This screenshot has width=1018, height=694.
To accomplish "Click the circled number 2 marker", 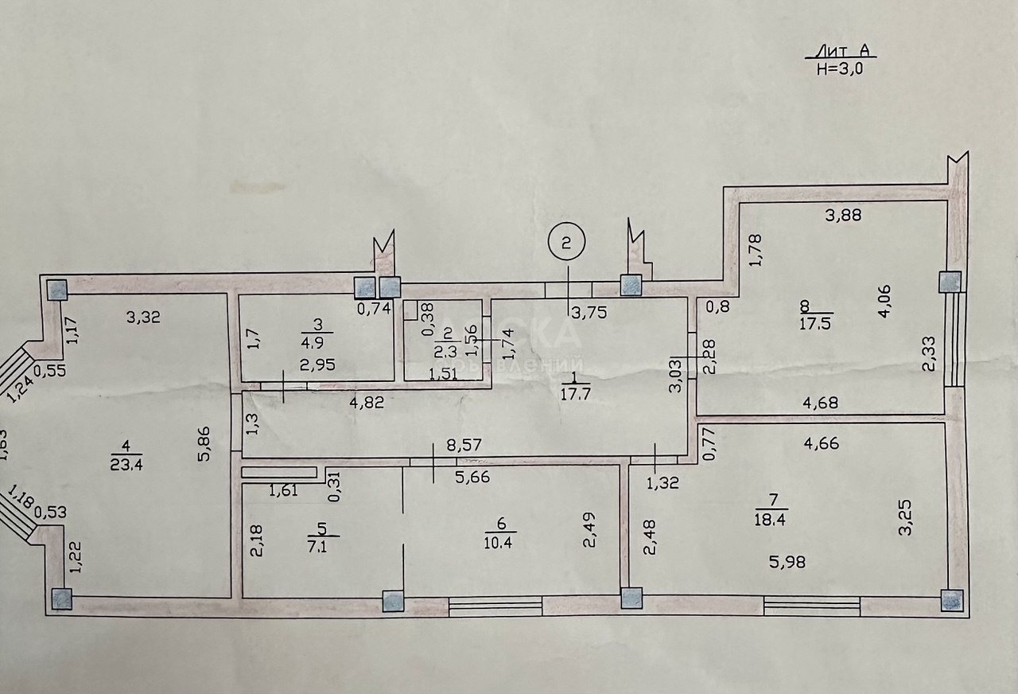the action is (566, 243).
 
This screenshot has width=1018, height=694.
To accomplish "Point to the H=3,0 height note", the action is (840, 68).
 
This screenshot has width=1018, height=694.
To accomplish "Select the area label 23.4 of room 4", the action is (126, 464).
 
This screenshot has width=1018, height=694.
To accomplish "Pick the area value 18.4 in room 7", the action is (771, 520).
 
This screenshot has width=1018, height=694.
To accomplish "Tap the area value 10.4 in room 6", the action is (499, 543).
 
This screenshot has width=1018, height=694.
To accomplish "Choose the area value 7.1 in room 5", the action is (320, 546).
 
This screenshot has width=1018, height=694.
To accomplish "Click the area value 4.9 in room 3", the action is (314, 342).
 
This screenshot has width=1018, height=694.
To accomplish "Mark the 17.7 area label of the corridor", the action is (576, 394).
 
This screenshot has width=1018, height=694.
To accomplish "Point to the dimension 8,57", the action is (464, 444).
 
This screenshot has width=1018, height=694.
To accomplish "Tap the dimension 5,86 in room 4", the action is (204, 444).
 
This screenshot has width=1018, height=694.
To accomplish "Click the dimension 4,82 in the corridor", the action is (367, 403).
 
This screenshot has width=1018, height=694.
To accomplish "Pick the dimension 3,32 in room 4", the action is (144, 317).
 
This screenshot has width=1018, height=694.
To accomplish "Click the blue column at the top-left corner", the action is (57, 289).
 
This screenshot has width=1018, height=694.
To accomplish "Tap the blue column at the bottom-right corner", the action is (951, 600).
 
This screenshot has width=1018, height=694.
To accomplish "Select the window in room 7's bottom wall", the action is (812, 606).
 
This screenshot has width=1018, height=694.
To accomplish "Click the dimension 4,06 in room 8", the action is (885, 302).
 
